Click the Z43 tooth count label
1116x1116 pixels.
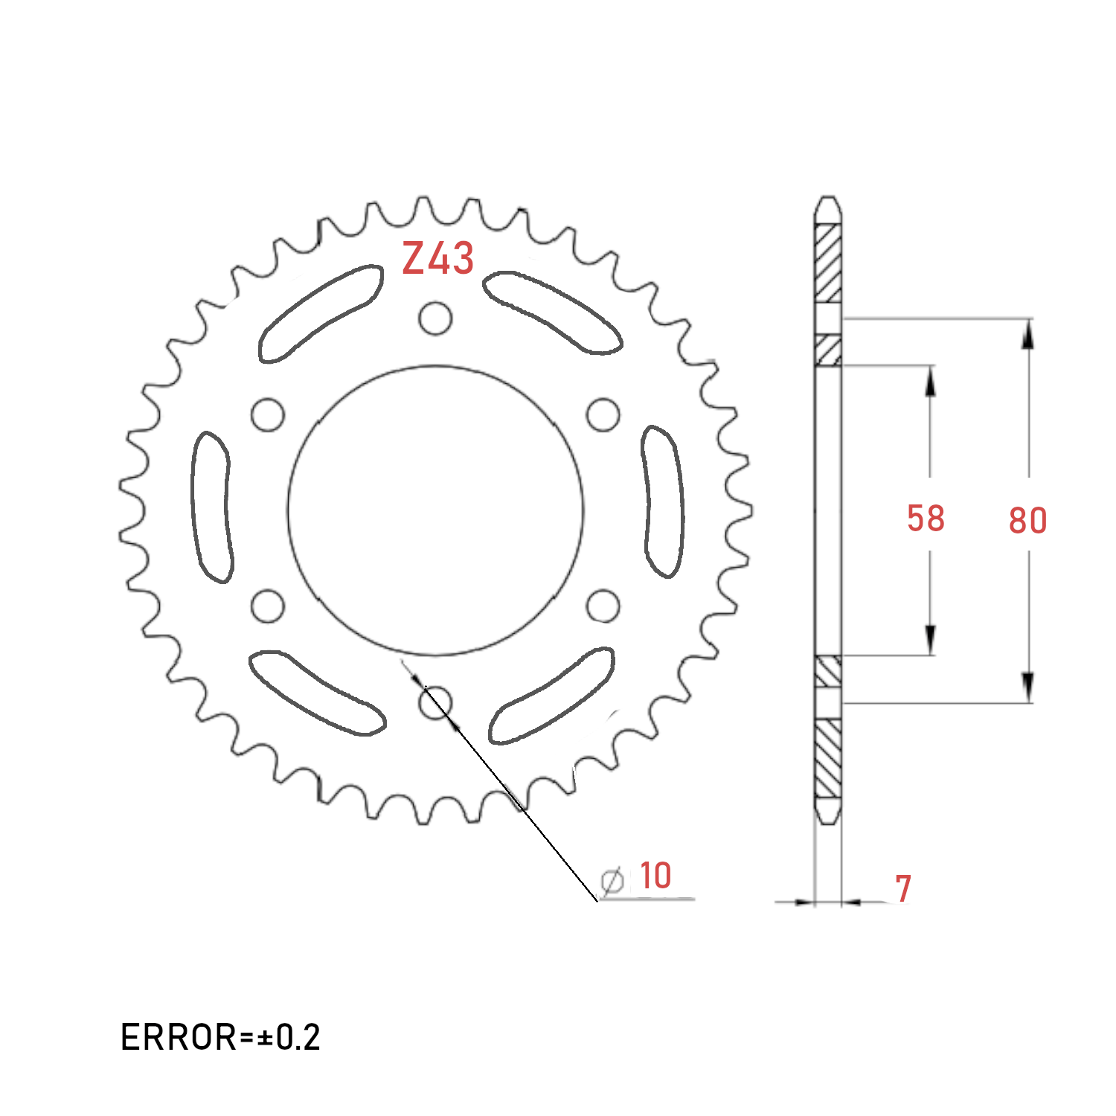[x=437, y=258]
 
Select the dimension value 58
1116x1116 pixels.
[x=926, y=519]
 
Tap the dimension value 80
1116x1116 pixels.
[x=1027, y=521]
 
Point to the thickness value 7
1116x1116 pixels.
[x=903, y=888]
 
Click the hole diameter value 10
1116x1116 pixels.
[x=655, y=876]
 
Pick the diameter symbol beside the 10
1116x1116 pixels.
[x=612, y=882]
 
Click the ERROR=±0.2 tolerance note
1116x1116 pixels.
[x=220, y=1037]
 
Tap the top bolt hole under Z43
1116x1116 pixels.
[x=435, y=318]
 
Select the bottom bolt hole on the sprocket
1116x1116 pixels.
[x=436, y=702]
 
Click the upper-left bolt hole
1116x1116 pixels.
[x=268, y=414]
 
